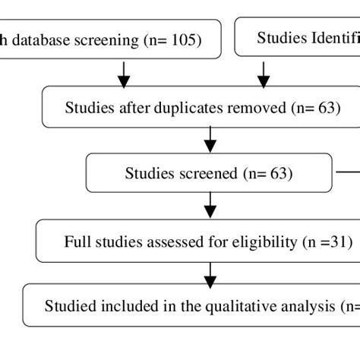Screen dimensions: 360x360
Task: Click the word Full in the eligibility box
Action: click(x=77, y=243)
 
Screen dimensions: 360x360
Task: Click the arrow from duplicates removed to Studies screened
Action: click(x=210, y=140)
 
